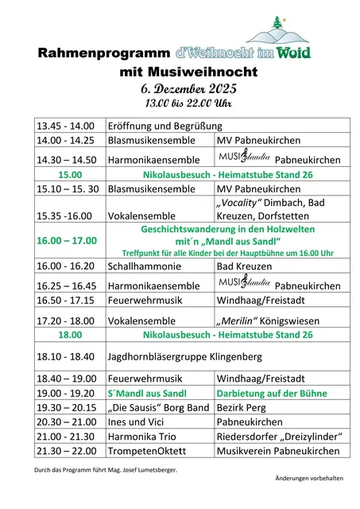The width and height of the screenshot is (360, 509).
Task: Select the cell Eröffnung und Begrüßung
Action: [165, 126]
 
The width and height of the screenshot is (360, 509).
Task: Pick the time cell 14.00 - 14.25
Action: [65, 141]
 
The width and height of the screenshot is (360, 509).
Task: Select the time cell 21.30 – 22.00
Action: [65, 451]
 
